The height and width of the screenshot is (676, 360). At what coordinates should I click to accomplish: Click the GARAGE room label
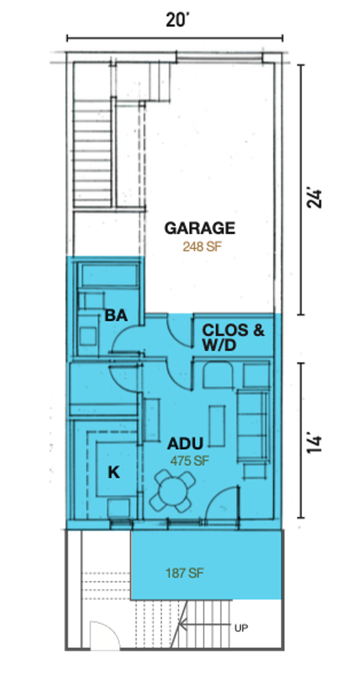[200, 228]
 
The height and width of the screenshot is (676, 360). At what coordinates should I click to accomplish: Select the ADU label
[185, 444]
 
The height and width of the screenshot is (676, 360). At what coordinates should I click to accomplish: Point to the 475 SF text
[187, 461]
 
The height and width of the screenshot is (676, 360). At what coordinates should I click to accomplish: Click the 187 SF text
[185, 573]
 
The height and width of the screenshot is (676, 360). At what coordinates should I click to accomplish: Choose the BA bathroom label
[116, 315]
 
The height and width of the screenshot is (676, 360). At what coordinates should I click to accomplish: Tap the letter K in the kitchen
[113, 473]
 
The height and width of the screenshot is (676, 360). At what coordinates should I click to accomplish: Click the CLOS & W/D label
[233, 337]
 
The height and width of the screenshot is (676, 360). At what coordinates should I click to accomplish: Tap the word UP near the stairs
[242, 628]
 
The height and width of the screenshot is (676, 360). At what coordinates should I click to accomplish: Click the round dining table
[172, 491]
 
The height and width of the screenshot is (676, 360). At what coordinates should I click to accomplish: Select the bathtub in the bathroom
[111, 274]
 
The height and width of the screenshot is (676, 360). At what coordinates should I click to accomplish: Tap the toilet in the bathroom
[88, 329]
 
